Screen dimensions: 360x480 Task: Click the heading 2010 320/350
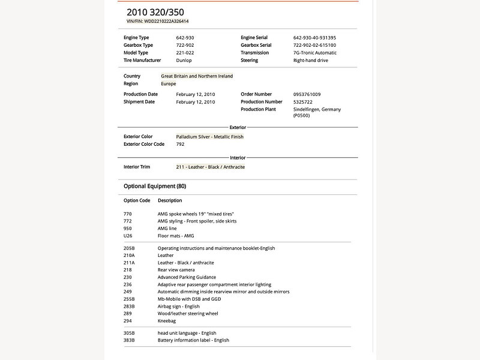[155, 12]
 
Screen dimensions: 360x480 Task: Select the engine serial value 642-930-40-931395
[314, 38]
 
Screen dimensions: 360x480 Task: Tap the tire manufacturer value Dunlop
[184, 61]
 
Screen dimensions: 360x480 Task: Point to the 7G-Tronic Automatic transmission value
[315, 53]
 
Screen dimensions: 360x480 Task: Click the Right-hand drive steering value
[311, 61]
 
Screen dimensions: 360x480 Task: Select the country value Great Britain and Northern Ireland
[197, 76]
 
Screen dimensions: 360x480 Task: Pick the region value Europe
[169, 84]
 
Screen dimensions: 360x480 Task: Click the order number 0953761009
[307, 94]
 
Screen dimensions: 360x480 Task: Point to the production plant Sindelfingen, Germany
[317, 110]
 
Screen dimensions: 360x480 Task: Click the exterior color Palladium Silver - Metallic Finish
[209, 137]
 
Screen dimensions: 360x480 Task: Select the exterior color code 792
[180, 145]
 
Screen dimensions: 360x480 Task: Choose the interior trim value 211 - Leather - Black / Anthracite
[210, 167]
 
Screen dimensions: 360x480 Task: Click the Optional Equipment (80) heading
[154, 187]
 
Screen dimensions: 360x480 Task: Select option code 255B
[129, 299]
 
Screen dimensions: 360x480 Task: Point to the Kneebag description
[167, 321]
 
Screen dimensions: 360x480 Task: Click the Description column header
[170, 200]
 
